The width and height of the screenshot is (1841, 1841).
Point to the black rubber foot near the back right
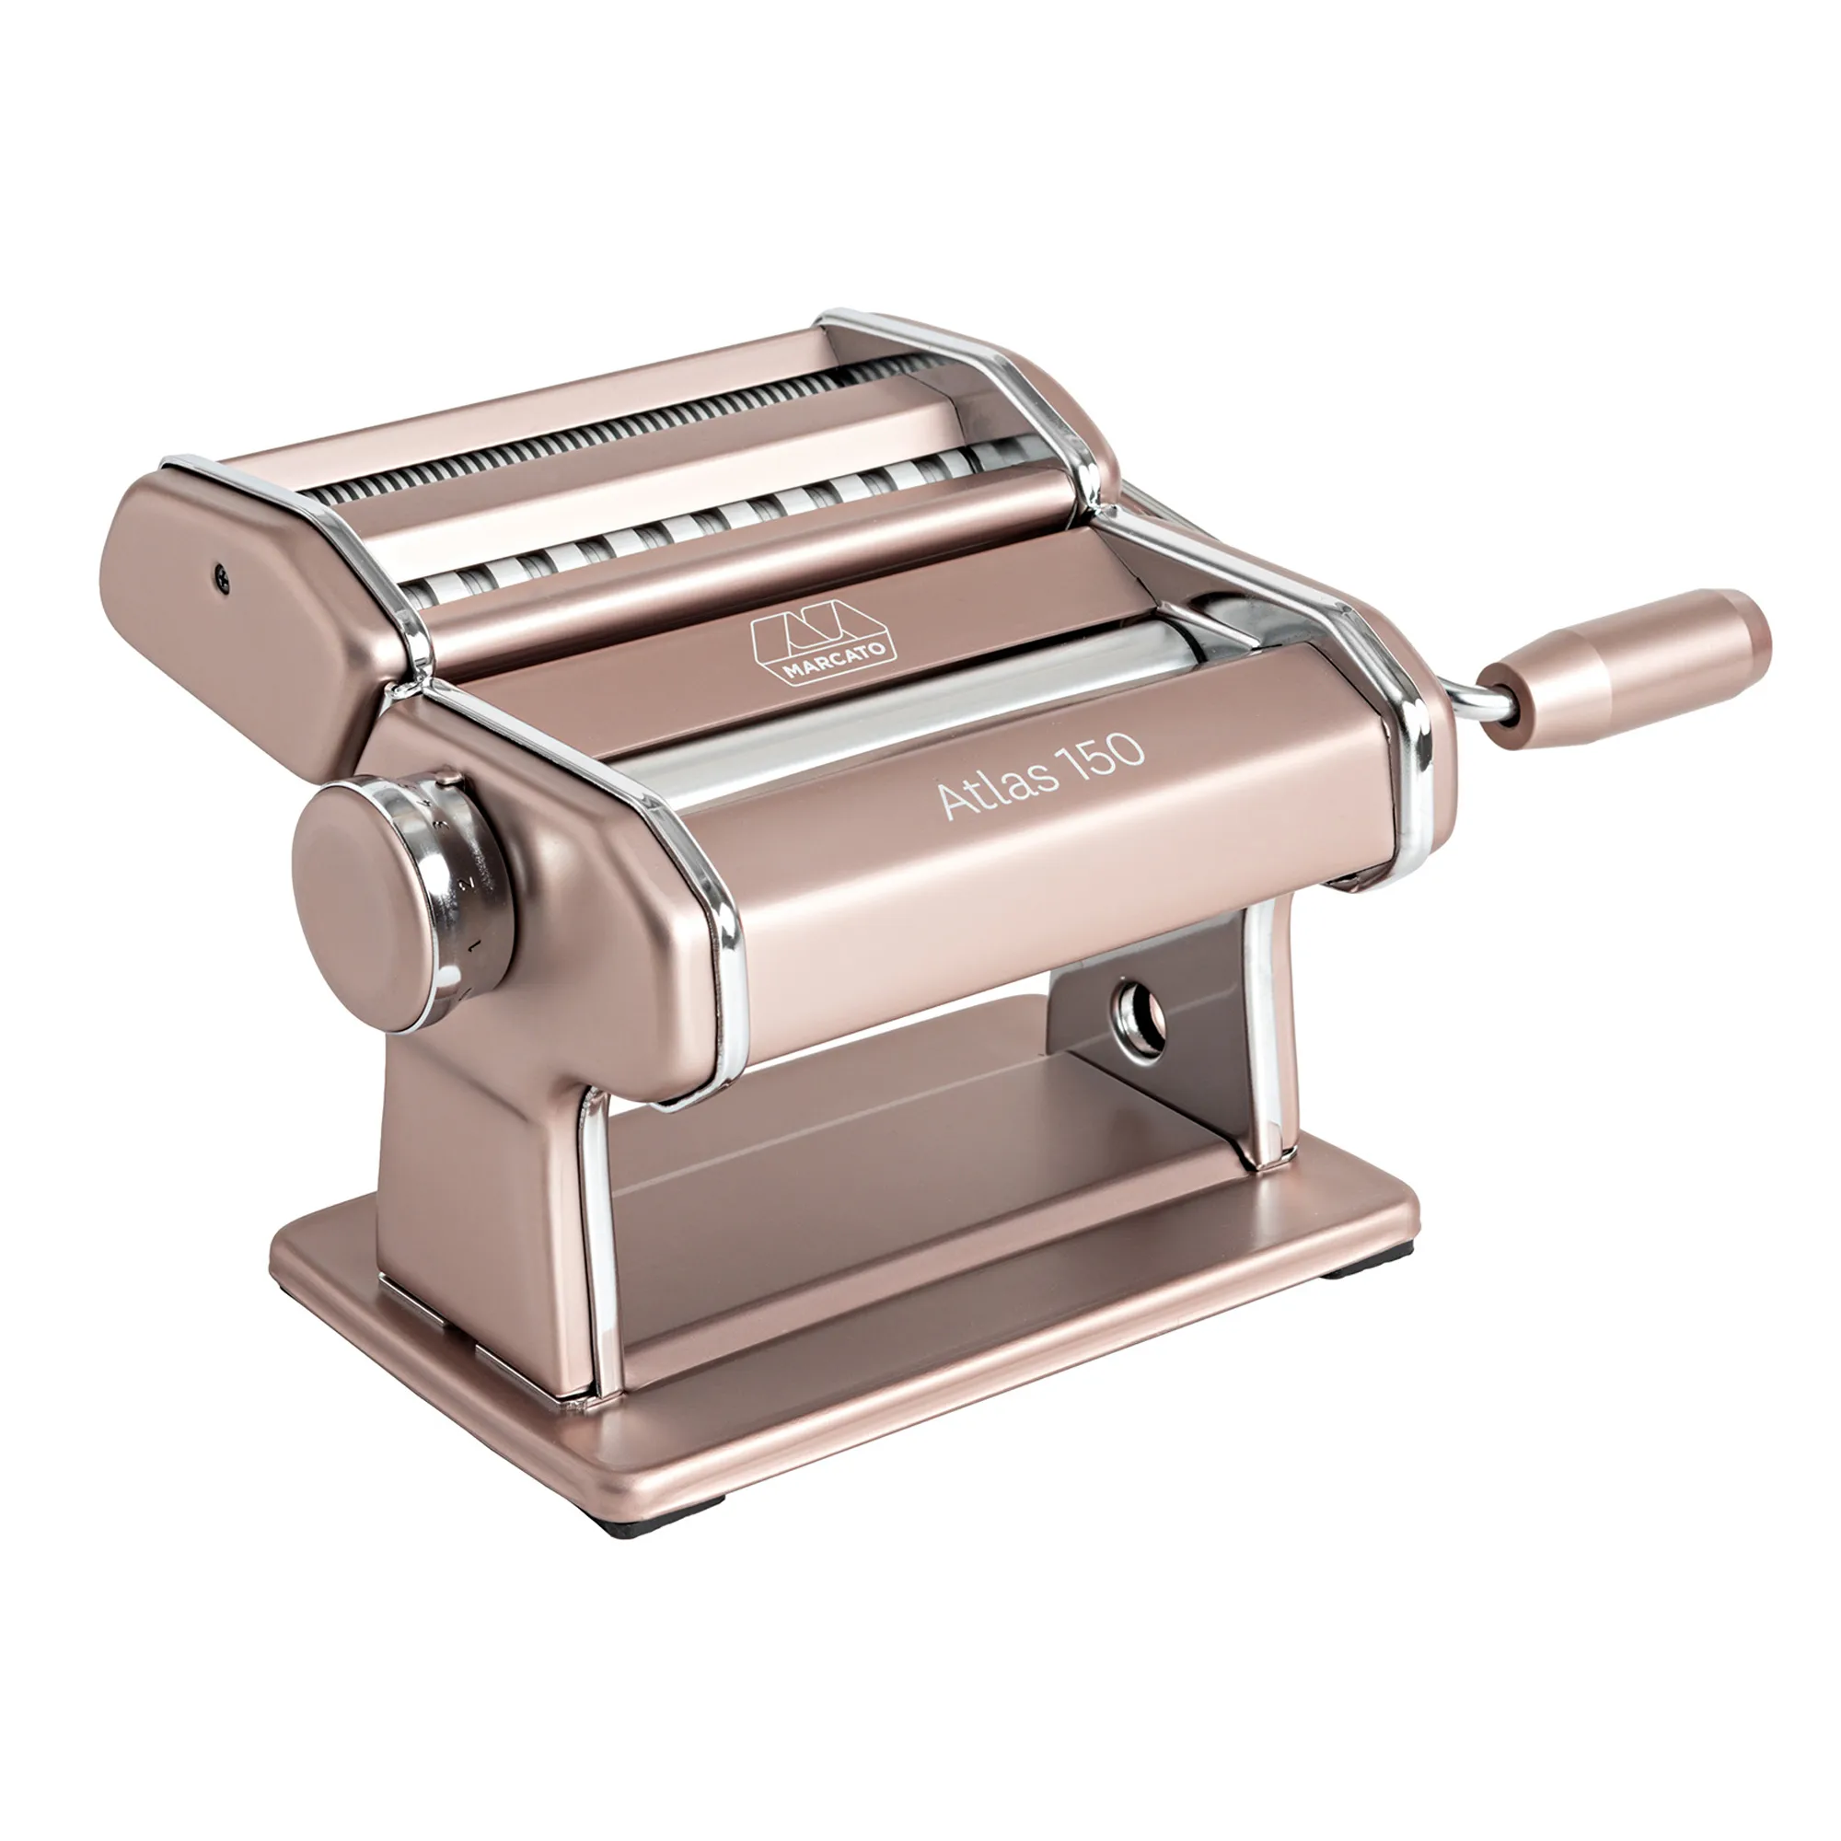pos(1354,1268)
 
